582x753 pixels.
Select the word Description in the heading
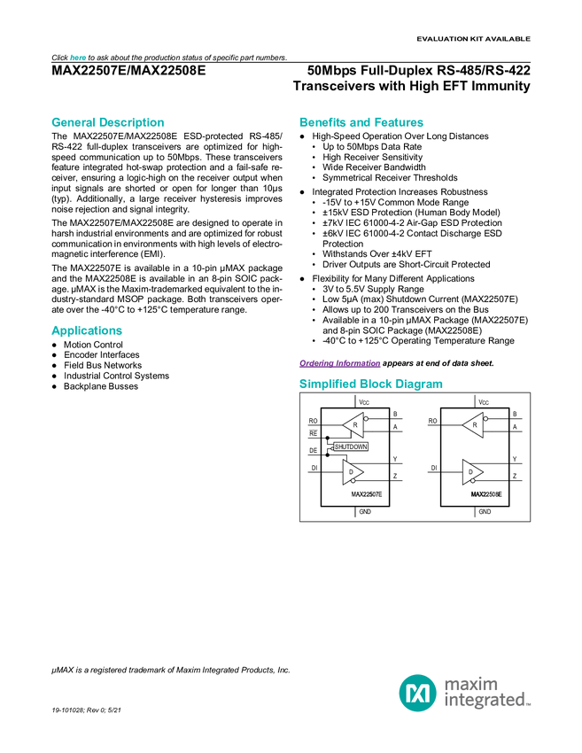pyautogui.click(x=131, y=122)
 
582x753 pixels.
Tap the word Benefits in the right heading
pyautogui.click(x=320, y=122)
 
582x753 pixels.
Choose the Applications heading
pyautogui.click(x=86, y=330)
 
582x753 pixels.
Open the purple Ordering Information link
pyautogui.click(x=339, y=363)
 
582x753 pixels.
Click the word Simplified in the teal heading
pyautogui.click(x=324, y=384)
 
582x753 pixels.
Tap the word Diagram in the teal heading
pyautogui.click(x=419, y=384)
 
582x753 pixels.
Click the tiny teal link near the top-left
pyautogui.click(x=78, y=58)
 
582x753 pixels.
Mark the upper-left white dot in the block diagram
pyautogui.click(x=366, y=419)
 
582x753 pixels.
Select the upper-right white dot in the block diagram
pyautogui.click(x=485, y=419)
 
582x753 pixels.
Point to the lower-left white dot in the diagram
pyautogui.click(x=353, y=480)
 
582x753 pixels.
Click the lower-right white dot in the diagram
pyautogui.click(x=472, y=480)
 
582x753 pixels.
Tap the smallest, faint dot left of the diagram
pyautogui.click(x=332, y=449)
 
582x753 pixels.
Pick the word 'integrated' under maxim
pyautogui.click(x=484, y=702)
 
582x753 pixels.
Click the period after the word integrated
pyautogui.click(x=531, y=705)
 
